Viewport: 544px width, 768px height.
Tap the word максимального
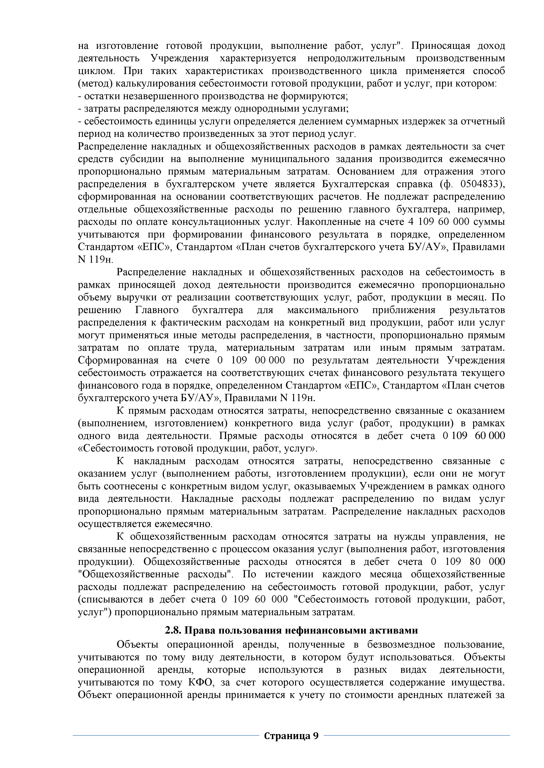click(323, 310)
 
